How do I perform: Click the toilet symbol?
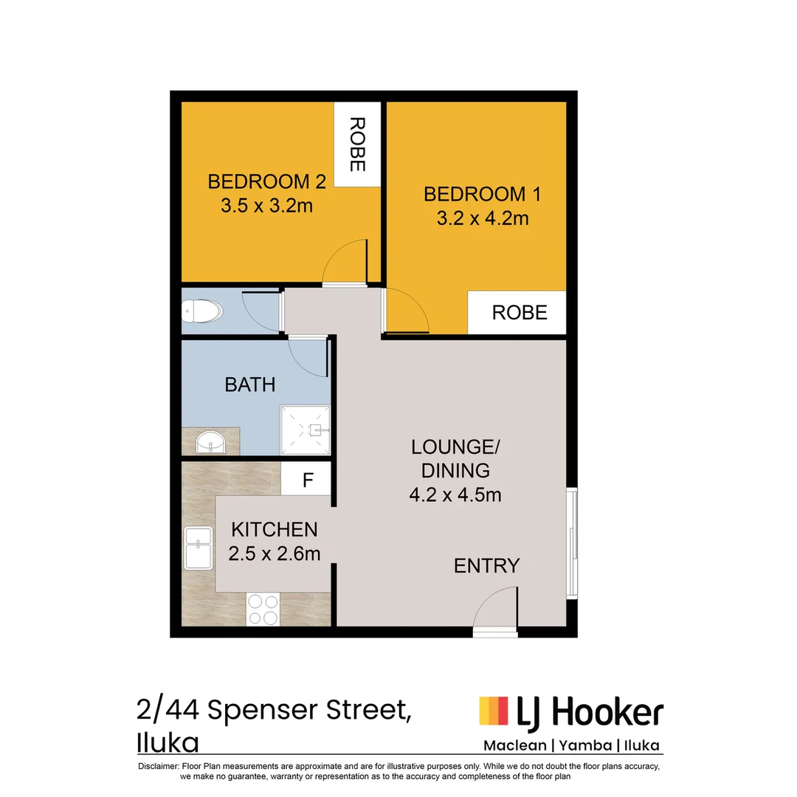201,311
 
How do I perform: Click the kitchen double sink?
199,548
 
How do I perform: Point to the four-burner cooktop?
263,610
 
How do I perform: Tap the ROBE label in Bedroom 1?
520,312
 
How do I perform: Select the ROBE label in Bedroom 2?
357,144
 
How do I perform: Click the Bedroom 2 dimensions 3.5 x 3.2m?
266,206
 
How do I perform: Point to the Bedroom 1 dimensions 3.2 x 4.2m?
482,218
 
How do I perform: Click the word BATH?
250,384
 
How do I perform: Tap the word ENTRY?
486,566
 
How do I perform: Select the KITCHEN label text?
275,529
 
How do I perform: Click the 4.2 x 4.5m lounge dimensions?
455,494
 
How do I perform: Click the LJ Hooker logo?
571,713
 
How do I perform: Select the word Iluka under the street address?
168,740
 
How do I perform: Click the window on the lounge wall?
572,542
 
